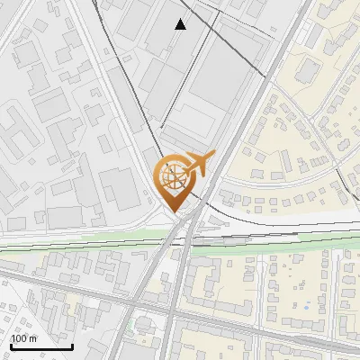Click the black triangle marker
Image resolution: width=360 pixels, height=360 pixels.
181,24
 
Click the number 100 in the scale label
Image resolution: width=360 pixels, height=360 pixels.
19,338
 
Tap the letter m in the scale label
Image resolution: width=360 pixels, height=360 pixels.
33,338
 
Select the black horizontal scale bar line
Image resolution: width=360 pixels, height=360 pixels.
41,346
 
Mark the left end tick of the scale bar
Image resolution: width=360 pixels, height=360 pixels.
11,345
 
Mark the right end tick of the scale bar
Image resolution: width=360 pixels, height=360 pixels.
72,345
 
